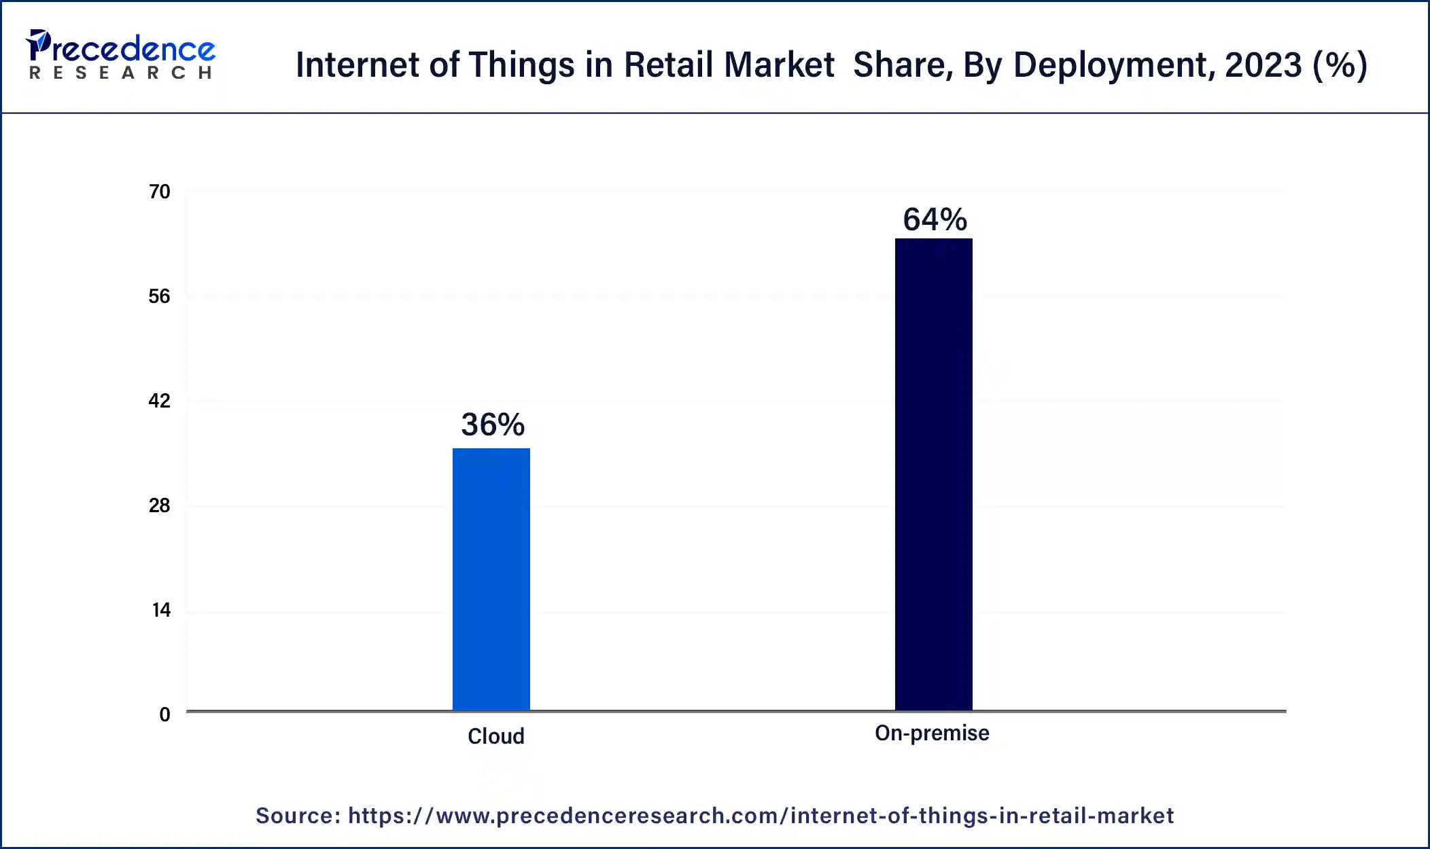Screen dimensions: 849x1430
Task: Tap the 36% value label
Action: tap(493, 425)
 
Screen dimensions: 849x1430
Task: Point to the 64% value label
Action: tap(935, 220)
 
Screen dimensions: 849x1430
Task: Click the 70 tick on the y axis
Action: tap(160, 192)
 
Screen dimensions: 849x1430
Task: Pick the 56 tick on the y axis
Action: tap(160, 297)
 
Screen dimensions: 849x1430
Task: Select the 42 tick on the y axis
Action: tap(160, 401)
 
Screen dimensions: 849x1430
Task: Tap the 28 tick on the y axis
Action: tap(160, 506)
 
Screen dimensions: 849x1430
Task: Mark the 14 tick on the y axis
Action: tap(161, 611)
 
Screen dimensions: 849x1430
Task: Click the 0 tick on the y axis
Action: tap(164, 715)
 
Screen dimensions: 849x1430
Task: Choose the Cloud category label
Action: tap(495, 737)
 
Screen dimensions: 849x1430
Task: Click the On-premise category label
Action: tap(932, 734)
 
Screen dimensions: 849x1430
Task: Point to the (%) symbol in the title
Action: tap(1340, 66)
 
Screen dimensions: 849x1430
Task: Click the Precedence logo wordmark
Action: tap(122, 48)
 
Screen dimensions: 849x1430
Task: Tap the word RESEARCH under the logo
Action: tap(121, 73)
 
